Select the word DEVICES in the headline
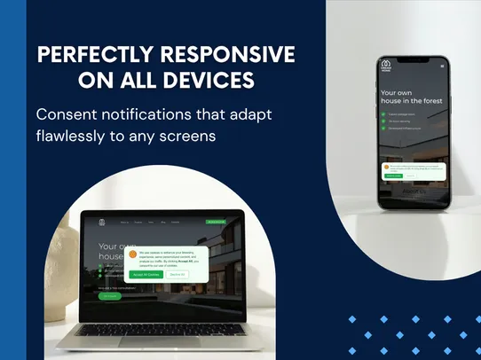(209, 81)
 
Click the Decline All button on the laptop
(177, 275)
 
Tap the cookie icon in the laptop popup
(133, 256)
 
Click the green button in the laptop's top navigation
(215, 222)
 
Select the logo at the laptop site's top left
(101, 223)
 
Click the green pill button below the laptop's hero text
(110, 296)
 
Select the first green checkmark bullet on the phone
(382, 113)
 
